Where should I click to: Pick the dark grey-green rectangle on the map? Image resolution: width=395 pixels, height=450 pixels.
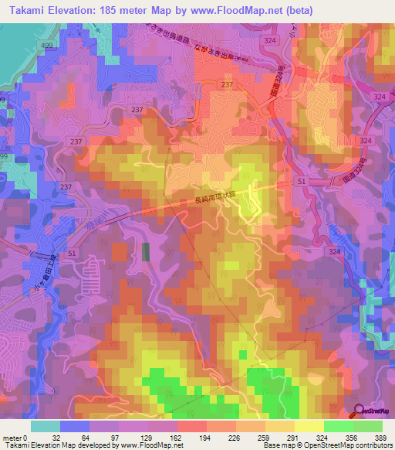pyautogui.click(x=146, y=252)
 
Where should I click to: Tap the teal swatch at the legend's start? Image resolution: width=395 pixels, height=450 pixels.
pyautogui.click(x=46, y=426)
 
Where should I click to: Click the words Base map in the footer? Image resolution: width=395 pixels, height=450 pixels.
pyautogui.click(x=275, y=445)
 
